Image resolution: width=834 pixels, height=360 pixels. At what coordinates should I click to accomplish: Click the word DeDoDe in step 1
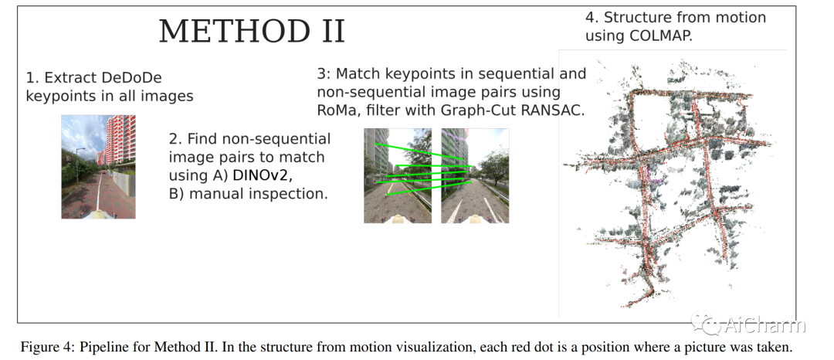click(143, 78)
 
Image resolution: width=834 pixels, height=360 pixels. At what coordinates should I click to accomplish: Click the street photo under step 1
click(98, 167)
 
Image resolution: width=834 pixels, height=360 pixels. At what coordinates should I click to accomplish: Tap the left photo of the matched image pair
click(398, 176)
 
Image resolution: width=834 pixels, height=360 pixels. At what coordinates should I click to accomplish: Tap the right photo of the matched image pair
click(475, 176)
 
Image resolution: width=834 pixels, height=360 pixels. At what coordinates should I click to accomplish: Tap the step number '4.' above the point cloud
click(592, 18)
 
